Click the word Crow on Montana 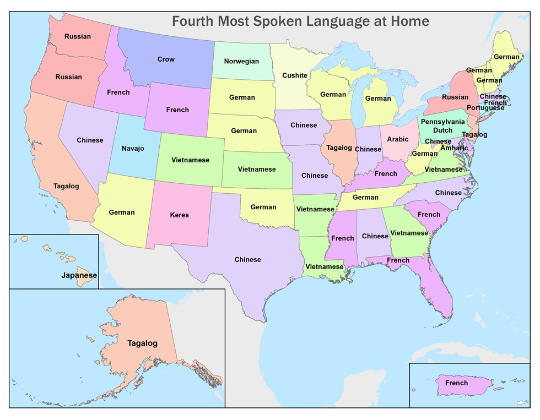click(166, 59)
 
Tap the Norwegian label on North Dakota click(241, 62)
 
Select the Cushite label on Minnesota click(295, 76)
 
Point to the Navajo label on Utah click(133, 149)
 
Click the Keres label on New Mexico click(179, 215)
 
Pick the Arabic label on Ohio click(398, 140)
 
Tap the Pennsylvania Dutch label click(444, 126)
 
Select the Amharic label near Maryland click(455, 149)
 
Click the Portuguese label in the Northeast click(485, 108)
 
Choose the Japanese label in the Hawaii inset click(79, 275)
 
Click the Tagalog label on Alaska click(142, 343)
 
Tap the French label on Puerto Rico click(456, 383)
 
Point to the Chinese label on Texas click(247, 260)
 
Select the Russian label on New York click(455, 97)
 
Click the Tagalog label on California click(66, 186)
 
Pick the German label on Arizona click(122, 212)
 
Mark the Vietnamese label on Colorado click(190, 160)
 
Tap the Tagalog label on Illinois click(339, 148)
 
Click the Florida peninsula click(438, 292)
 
